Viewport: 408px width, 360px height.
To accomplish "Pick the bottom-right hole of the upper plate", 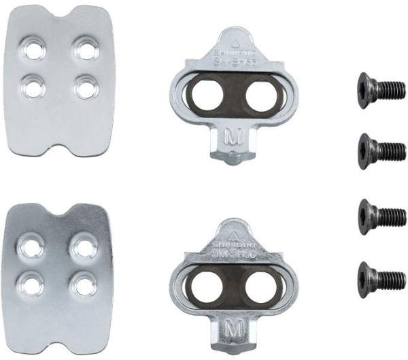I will point(86,86).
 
